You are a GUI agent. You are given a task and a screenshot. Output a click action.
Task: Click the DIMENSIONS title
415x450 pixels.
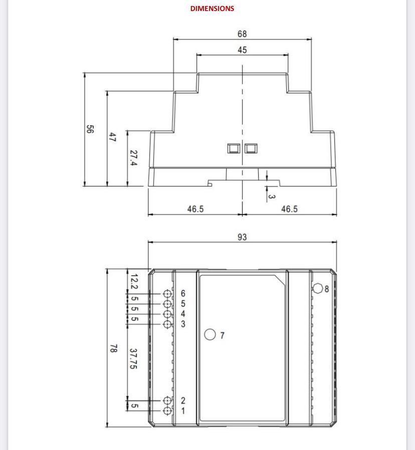pos(212,9)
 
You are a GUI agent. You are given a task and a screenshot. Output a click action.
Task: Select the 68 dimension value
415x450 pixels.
pos(242,34)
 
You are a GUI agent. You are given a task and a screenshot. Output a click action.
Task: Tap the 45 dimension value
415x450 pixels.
pos(242,50)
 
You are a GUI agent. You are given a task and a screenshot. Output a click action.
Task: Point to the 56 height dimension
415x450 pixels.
pos(90,129)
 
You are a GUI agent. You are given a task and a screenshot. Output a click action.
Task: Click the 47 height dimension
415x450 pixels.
pos(112,137)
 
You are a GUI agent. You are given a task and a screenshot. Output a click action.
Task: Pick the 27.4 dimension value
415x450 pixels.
pos(133,158)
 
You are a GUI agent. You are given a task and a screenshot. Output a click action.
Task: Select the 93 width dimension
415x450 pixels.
pos(242,237)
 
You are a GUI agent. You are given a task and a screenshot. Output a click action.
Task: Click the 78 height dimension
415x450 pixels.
pos(114,348)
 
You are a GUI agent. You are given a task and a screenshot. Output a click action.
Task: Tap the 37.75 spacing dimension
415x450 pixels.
pos(133,359)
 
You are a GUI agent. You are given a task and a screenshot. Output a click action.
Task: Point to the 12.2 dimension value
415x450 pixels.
pos(134,282)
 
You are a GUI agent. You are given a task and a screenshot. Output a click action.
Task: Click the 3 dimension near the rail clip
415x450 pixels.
pos(272,196)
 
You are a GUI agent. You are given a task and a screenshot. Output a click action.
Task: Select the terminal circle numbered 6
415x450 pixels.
pos(167,294)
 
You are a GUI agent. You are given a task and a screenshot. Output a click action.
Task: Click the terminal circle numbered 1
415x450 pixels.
pos(167,411)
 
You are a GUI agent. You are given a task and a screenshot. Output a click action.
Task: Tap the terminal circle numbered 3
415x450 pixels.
pos(167,324)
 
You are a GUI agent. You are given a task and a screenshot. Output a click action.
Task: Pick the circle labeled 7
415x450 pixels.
pos(210,335)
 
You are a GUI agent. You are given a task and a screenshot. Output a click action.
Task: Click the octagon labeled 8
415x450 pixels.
pos(318,288)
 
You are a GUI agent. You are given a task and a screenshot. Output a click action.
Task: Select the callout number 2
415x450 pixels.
pos(183,400)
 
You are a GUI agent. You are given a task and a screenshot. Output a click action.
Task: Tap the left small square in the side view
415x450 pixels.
pos(233,148)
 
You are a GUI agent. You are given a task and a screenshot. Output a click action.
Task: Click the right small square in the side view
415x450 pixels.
pos(251,148)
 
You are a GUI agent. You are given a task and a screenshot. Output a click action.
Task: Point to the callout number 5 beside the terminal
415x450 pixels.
pos(183,304)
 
